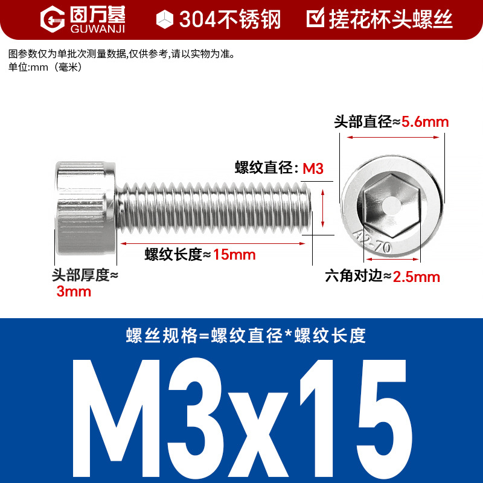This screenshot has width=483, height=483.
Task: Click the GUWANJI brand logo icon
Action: (x=53, y=19)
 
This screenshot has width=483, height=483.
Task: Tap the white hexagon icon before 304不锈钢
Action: (x=165, y=19)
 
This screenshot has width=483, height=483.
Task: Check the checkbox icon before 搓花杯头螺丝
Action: (x=315, y=18)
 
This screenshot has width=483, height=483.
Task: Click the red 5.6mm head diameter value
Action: (x=425, y=122)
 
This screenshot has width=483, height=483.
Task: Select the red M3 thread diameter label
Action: (x=313, y=169)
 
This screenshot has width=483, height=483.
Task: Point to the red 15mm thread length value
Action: (x=234, y=255)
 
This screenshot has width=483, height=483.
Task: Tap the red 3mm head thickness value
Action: (x=74, y=292)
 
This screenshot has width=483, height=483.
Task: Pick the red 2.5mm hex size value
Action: (x=416, y=277)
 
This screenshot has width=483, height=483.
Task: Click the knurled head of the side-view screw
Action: (x=86, y=208)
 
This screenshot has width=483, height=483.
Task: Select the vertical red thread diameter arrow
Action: (x=322, y=208)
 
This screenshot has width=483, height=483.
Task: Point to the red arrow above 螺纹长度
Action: (x=213, y=243)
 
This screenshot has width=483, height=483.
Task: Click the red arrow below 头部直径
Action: (x=393, y=137)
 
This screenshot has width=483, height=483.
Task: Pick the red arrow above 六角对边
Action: (x=392, y=259)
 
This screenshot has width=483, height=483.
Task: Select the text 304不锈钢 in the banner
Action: (x=230, y=19)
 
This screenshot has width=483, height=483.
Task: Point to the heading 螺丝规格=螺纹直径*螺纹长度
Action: (x=246, y=336)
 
